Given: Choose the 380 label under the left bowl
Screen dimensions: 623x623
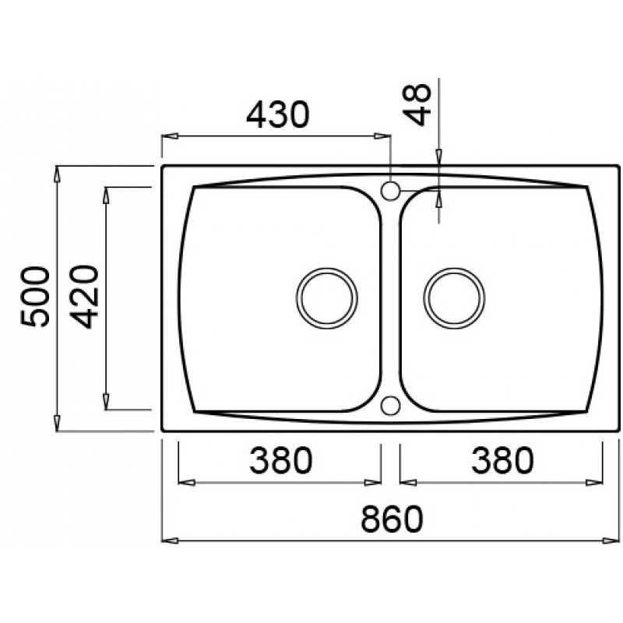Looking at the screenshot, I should click(x=280, y=461).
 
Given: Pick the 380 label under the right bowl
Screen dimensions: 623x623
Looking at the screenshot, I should click(x=502, y=461).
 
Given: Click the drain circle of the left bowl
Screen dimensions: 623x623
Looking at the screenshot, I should click(x=328, y=297).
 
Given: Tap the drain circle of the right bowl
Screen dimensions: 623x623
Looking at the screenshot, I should click(x=454, y=297).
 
